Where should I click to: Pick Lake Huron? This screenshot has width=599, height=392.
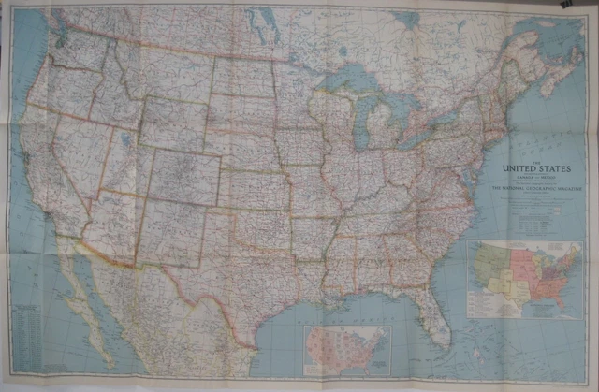pos(403,103)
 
